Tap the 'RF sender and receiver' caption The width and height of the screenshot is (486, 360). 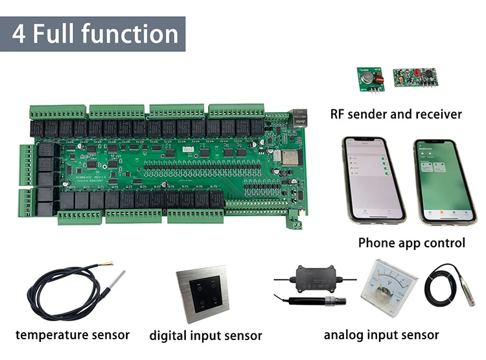click(x=396, y=115)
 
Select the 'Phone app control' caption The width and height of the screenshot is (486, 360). click(x=411, y=243)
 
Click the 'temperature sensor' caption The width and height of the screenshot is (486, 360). click(x=73, y=335)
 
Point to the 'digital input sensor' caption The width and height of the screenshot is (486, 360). click(x=205, y=335)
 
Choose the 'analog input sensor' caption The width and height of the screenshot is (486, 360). click(x=381, y=335)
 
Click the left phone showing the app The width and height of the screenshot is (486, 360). click(x=373, y=179)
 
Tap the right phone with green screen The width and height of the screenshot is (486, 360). click(x=445, y=181)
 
